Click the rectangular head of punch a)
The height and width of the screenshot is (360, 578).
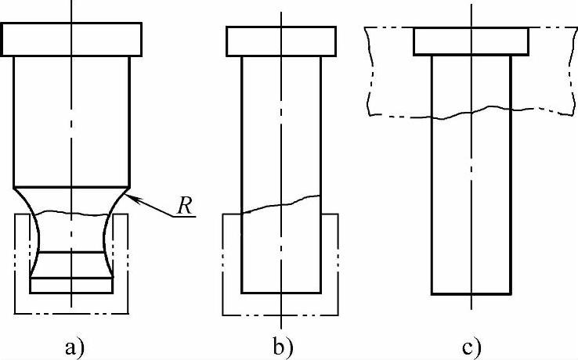pos(71,39)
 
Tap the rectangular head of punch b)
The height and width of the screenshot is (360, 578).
pos(281,41)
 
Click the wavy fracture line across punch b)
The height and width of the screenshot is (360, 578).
pos(281,203)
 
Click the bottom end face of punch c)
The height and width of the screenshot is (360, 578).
pos(471,293)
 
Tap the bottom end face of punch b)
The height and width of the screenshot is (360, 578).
pos(281,292)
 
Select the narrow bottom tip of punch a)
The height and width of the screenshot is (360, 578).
pos(71,286)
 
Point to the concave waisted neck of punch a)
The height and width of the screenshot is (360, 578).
pos(71,231)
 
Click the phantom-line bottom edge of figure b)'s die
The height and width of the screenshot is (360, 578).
pos(281,315)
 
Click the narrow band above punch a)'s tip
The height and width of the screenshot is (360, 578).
pos(71,265)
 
